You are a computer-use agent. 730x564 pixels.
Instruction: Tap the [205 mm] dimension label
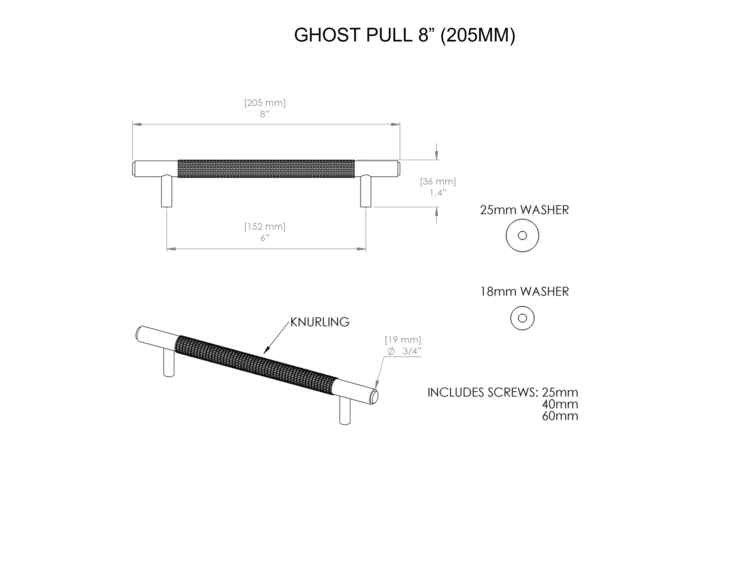pyautogui.click(x=265, y=103)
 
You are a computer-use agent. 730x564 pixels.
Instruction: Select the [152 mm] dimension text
pyautogui.click(x=265, y=227)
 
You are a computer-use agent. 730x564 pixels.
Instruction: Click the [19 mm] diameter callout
pyautogui.click(x=403, y=340)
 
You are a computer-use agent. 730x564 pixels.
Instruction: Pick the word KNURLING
pyautogui.click(x=320, y=322)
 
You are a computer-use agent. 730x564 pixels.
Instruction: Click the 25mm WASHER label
pyautogui.click(x=524, y=210)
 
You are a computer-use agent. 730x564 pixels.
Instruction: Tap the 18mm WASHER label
pyautogui.click(x=524, y=292)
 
